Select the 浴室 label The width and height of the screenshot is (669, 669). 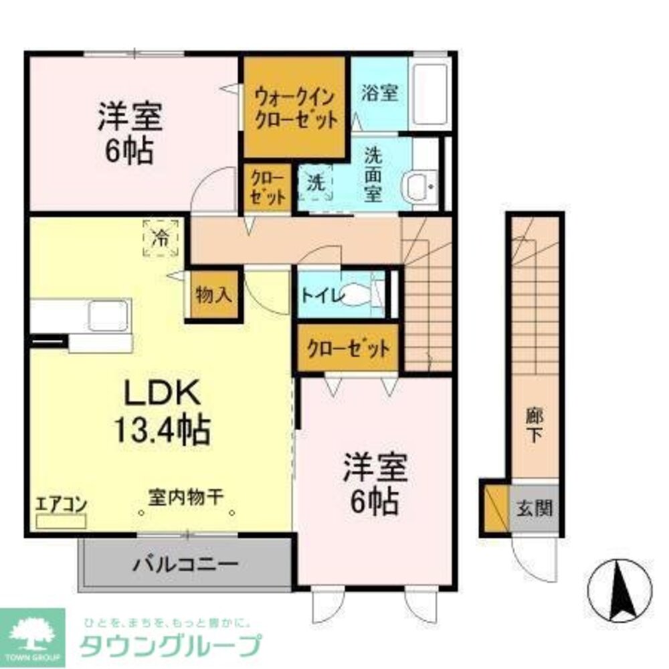(379, 94)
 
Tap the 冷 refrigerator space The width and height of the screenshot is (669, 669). (160, 237)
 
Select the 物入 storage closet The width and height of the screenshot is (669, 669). (212, 295)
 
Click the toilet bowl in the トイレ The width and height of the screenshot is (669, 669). (359, 294)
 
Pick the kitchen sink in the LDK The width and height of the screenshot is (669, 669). (108, 314)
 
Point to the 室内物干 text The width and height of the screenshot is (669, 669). (185, 498)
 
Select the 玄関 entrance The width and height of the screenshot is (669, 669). (534, 508)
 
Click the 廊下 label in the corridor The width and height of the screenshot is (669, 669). (534, 425)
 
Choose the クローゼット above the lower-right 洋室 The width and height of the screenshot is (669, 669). (348, 349)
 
